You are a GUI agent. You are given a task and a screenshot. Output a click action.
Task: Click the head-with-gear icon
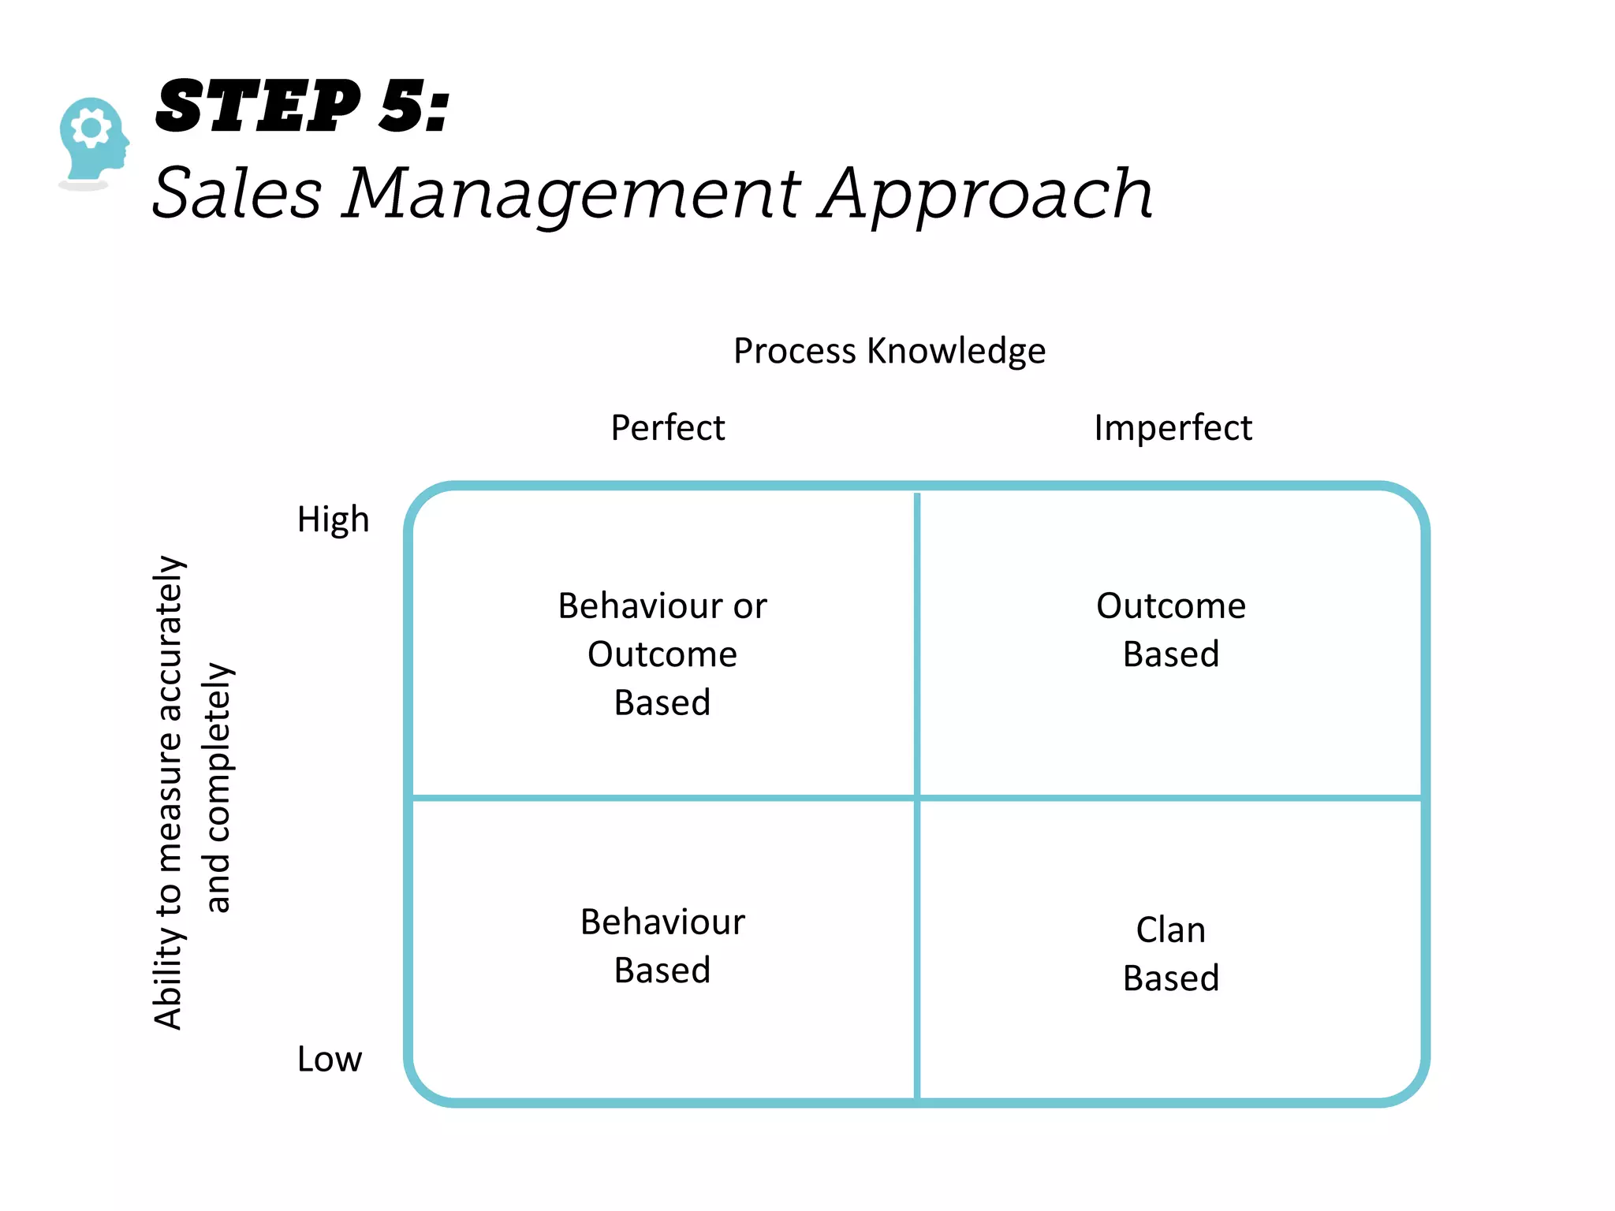coord(94,140)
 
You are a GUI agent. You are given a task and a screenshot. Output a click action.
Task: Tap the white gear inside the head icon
coord(91,126)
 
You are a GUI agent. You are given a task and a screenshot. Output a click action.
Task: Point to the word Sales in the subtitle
coord(237,193)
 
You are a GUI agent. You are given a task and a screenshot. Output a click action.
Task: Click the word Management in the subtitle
coord(571,195)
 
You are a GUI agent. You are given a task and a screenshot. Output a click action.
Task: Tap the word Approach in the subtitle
coord(985,195)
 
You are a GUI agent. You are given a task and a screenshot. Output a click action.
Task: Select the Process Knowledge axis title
coord(889,351)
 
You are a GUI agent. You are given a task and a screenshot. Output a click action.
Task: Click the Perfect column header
coord(667,428)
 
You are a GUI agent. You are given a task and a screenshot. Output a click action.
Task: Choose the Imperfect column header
coord(1172,428)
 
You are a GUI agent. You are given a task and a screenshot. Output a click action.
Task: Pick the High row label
coord(333,520)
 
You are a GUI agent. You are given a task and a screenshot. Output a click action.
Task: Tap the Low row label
coord(329,1059)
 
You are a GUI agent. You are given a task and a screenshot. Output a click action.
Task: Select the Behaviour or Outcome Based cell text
coord(662,654)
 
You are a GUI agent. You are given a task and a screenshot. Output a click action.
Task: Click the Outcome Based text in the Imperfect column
coord(1171,629)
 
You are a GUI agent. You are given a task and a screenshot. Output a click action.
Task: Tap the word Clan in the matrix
coord(1170,930)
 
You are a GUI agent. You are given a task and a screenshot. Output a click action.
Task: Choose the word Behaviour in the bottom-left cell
coord(662,922)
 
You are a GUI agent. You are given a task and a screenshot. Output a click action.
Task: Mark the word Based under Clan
coord(1170,978)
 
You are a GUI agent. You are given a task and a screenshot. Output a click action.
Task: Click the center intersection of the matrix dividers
coord(917,798)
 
